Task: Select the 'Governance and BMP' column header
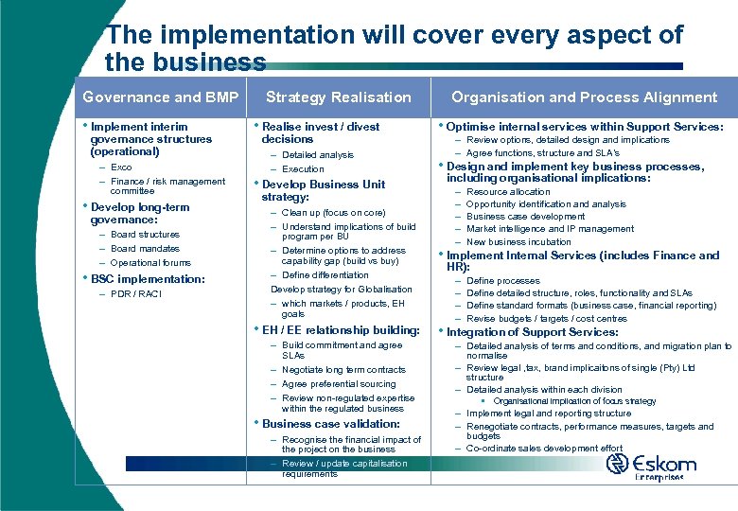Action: [161, 97]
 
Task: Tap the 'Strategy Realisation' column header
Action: [338, 97]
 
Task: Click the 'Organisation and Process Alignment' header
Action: [584, 97]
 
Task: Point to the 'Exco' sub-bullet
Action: [121, 167]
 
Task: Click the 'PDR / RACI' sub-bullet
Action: [136, 293]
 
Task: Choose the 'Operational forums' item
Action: [150, 263]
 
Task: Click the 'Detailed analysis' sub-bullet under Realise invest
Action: [317, 155]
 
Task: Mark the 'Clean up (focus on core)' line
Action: [333, 213]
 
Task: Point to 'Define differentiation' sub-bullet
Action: [325, 275]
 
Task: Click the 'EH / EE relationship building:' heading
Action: [341, 330]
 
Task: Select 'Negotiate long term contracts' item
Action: [343, 370]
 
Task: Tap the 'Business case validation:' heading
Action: [331, 424]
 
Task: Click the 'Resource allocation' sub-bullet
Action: [508, 192]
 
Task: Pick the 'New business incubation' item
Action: [518, 241]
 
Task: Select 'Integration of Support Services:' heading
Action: [532, 332]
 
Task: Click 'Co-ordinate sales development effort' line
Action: [544, 449]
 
